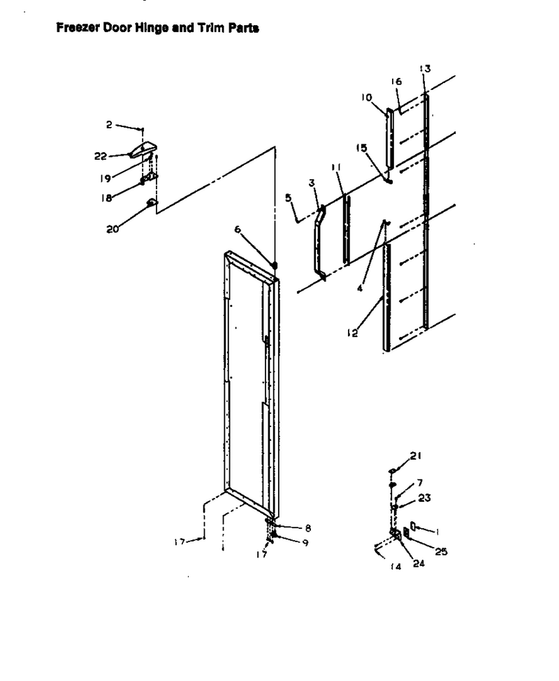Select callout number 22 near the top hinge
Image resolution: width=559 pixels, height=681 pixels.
(x=101, y=156)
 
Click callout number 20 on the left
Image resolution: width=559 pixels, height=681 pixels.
(x=112, y=229)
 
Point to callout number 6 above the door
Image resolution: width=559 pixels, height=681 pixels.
(x=238, y=229)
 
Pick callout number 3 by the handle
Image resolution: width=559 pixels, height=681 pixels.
(x=312, y=183)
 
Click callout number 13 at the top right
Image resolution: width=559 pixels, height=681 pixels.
(x=425, y=68)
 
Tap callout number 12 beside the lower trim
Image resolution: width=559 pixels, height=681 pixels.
(x=352, y=333)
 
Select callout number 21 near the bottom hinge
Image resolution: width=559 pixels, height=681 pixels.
(x=416, y=456)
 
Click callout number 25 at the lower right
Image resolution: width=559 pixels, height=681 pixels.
(x=441, y=552)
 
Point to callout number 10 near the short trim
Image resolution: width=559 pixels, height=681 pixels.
(x=366, y=97)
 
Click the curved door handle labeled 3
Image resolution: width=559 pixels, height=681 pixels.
(x=320, y=244)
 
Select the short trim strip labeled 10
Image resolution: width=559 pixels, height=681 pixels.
(x=390, y=138)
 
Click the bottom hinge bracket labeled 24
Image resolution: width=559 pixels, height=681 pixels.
(x=396, y=534)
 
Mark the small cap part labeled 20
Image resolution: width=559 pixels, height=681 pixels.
(x=152, y=202)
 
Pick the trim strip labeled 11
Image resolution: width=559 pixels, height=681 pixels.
(x=347, y=230)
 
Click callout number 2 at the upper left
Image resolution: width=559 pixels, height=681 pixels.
(x=109, y=125)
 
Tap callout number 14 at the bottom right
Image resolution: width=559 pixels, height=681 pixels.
(x=395, y=567)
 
